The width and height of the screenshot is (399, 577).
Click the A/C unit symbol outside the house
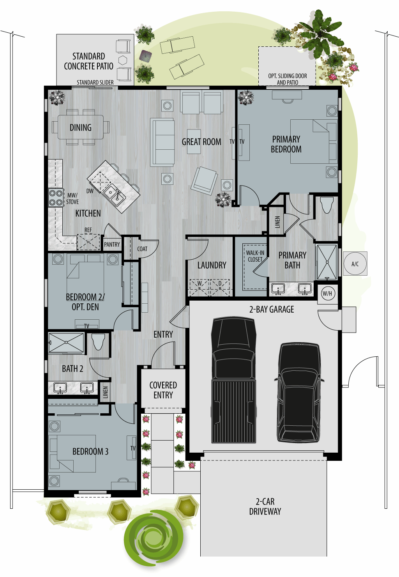pyautogui.click(x=355, y=264)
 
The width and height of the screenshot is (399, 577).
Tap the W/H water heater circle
pyautogui.click(x=327, y=294)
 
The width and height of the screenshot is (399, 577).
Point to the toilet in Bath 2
pyautogui.click(x=98, y=342)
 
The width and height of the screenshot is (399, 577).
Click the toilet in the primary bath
pyautogui.click(x=327, y=205)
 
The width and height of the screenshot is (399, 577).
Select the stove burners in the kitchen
pyautogui.click(x=56, y=198)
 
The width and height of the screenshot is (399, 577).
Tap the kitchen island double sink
pyautogui.click(x=114, y=195)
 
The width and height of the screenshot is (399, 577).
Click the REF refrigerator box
pyautogui.click(x=88, y=242)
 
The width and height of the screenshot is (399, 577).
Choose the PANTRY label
pyautogui.click(x=112, y=244)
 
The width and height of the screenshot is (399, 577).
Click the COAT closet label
pyautogui.click(x=142, y=249)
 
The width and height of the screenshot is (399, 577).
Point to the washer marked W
pyautogui.click(x=199, y=287)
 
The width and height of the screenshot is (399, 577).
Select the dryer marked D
pyautogui.click(x=220, y=287)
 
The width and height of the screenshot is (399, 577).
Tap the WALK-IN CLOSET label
pyautogui.click(x=255, y=256)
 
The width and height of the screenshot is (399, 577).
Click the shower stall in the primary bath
pyautogui.click(x=327, y=262)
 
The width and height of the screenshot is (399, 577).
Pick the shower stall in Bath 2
pyautogui.click(x=66, y=342)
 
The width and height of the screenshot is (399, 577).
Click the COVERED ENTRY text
pyautogui.click(x=163, y=390)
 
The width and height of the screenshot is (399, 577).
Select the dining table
pyautogui.click(x=81, y=127)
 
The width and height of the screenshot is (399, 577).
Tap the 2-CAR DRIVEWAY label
pyautogui.click(x=265, y=506)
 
